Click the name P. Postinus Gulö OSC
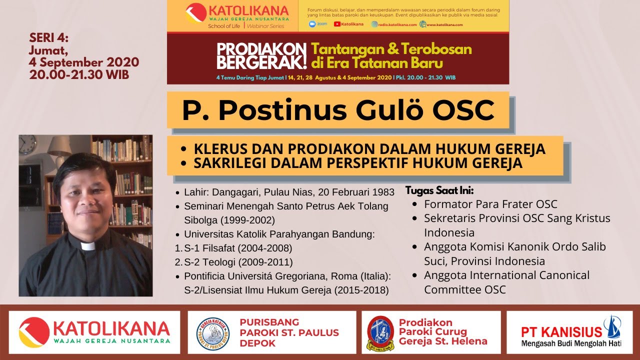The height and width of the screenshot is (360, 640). [x=338, y=110]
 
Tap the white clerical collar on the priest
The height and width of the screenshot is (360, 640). [x=88, y=246]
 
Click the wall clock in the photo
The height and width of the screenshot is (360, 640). [x=27, y=144]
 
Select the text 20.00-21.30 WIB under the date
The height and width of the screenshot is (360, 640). [x=79, y=75]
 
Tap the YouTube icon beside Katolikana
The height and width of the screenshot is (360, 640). [x=337, y=24]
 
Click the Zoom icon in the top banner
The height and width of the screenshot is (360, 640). [x=313, y=24]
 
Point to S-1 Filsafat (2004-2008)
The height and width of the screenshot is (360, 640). [x=238, y=248]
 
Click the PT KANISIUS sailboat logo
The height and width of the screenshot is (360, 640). [x=611, y=327]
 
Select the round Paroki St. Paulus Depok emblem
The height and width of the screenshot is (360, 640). [x=213, y=332]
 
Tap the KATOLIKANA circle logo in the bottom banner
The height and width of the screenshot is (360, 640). [x=34, y=332]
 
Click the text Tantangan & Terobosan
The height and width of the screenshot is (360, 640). [x=391, y=49]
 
